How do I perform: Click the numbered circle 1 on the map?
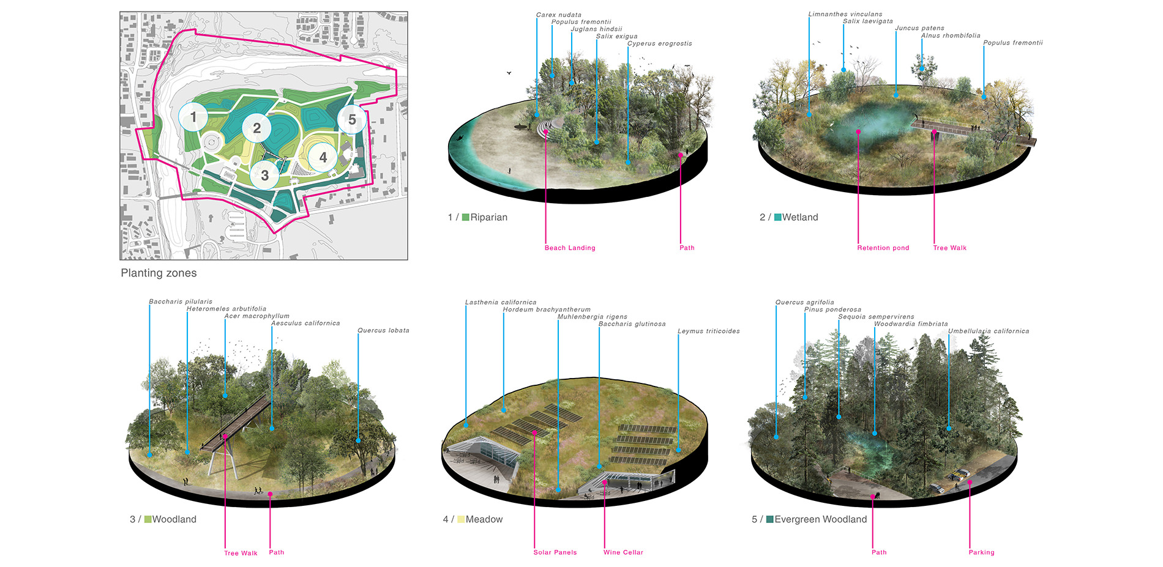[193, 117]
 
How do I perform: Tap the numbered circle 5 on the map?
[352, 120]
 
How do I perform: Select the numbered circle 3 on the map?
[264, 176]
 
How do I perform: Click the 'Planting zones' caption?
[159, 273]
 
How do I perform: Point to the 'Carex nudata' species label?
[559, 15]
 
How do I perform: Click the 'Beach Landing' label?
[570, 248]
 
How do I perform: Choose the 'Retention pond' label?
[883, 248]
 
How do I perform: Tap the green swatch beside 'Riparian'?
[466, 217]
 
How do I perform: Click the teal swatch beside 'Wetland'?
[778, 217]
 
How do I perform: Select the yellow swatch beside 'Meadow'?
[461, 519]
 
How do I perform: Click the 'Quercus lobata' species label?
[383, 330]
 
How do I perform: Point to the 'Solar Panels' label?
[555, 552]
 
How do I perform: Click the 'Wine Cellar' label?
[623, 552]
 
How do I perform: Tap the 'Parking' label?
[982, 552]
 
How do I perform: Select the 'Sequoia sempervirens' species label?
[876, 317]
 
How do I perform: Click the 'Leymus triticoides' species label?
[709, 331]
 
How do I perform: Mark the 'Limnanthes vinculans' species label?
[845, 14]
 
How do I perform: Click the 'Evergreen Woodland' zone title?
[821, 519]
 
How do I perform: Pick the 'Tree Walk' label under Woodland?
[241, 553]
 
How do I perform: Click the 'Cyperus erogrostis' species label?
[660, 43]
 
